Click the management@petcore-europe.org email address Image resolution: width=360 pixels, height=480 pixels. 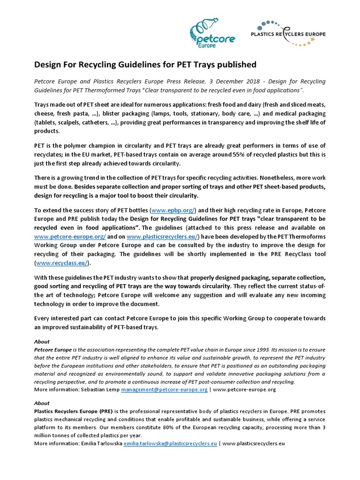point(164,389)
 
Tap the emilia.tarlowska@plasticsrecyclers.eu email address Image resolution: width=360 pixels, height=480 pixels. point(170,443)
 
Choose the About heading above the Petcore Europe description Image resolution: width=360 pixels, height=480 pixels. point(42,342)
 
